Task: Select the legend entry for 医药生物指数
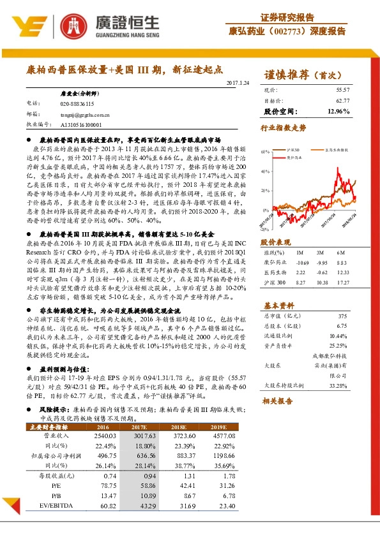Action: [x=335, y=149]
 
